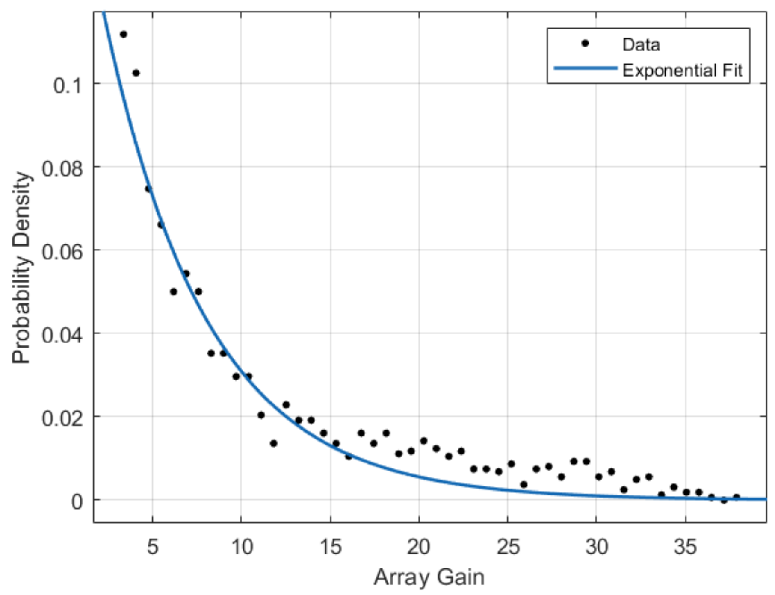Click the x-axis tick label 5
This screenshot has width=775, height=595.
(x=153, y=547)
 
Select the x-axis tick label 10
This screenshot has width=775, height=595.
(x=242, y=547)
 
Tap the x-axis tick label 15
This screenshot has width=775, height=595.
(x=330, y=547)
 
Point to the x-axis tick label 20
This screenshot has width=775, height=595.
(x=419, y=547)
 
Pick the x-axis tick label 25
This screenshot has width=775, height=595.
(x=508, y=547)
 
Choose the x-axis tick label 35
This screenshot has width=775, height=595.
(x=685, y=547)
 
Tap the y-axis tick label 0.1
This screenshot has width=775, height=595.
(x=67, y=85)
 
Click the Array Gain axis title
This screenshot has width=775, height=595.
(x=429, y=577)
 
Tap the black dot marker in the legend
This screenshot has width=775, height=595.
(x=586, y=44)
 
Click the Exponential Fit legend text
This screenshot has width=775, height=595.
(x=683, y=70)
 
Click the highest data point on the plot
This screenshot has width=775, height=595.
(x=123, y=34)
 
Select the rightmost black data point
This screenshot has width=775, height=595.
(x=736, y=497)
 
